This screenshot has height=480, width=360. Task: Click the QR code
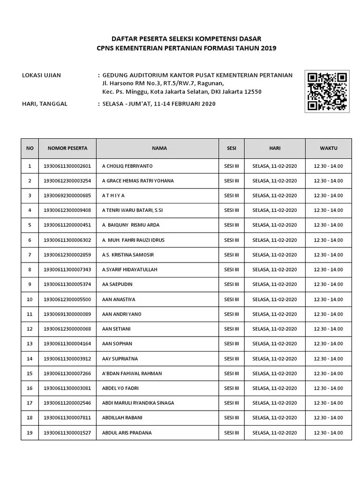(327, 92)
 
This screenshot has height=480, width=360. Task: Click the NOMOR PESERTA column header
(67, 148)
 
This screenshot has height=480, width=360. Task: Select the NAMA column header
(159, 148)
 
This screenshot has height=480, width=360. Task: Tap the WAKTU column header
(329, 148)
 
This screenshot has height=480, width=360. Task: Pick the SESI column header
(232, 148)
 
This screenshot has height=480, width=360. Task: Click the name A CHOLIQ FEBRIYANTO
(127, 166)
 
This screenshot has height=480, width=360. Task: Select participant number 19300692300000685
(67, 195)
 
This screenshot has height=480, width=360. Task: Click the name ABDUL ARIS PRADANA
(127, 433)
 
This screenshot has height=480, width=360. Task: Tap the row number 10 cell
(30, 299)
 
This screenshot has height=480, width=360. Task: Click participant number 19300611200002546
(67, 403)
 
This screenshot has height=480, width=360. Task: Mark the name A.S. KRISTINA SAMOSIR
(127, 255)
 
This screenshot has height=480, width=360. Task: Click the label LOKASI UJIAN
(42, 75)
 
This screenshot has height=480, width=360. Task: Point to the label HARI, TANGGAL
(45, 104)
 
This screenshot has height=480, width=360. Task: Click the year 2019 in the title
(268, 48)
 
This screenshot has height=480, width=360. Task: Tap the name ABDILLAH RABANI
(122, 418)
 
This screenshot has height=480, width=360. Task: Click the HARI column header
(275, 148)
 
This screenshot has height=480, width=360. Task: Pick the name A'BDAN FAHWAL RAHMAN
(132, 374)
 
